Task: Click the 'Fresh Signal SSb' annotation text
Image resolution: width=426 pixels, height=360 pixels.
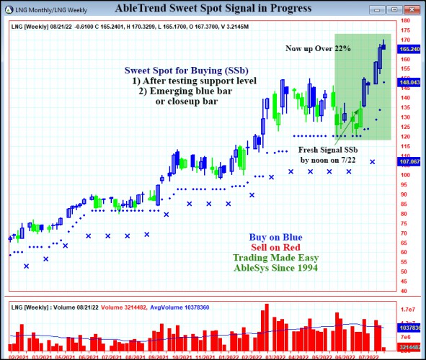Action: pos(327,149)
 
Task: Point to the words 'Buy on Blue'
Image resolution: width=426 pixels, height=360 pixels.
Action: pos(275,237)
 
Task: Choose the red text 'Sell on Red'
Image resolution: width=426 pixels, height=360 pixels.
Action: pos(275,247)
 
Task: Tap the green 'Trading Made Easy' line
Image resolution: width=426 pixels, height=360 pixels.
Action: pos(275,257)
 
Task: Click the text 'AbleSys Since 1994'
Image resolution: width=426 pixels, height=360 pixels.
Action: pos(275,267)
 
